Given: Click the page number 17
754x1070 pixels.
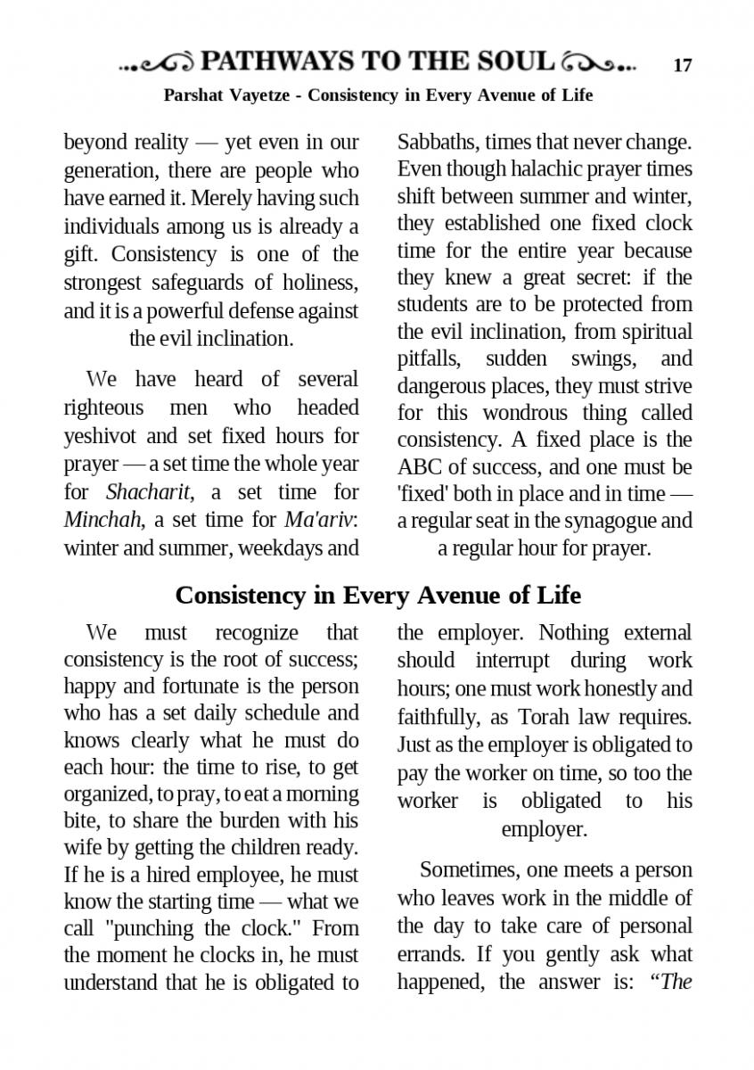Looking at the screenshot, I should (683, 65).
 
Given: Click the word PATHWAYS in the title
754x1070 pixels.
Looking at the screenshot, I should (277, 62).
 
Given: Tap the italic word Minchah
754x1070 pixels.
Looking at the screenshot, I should (94, 519).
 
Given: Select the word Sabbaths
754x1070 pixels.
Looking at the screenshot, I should (436, 142).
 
